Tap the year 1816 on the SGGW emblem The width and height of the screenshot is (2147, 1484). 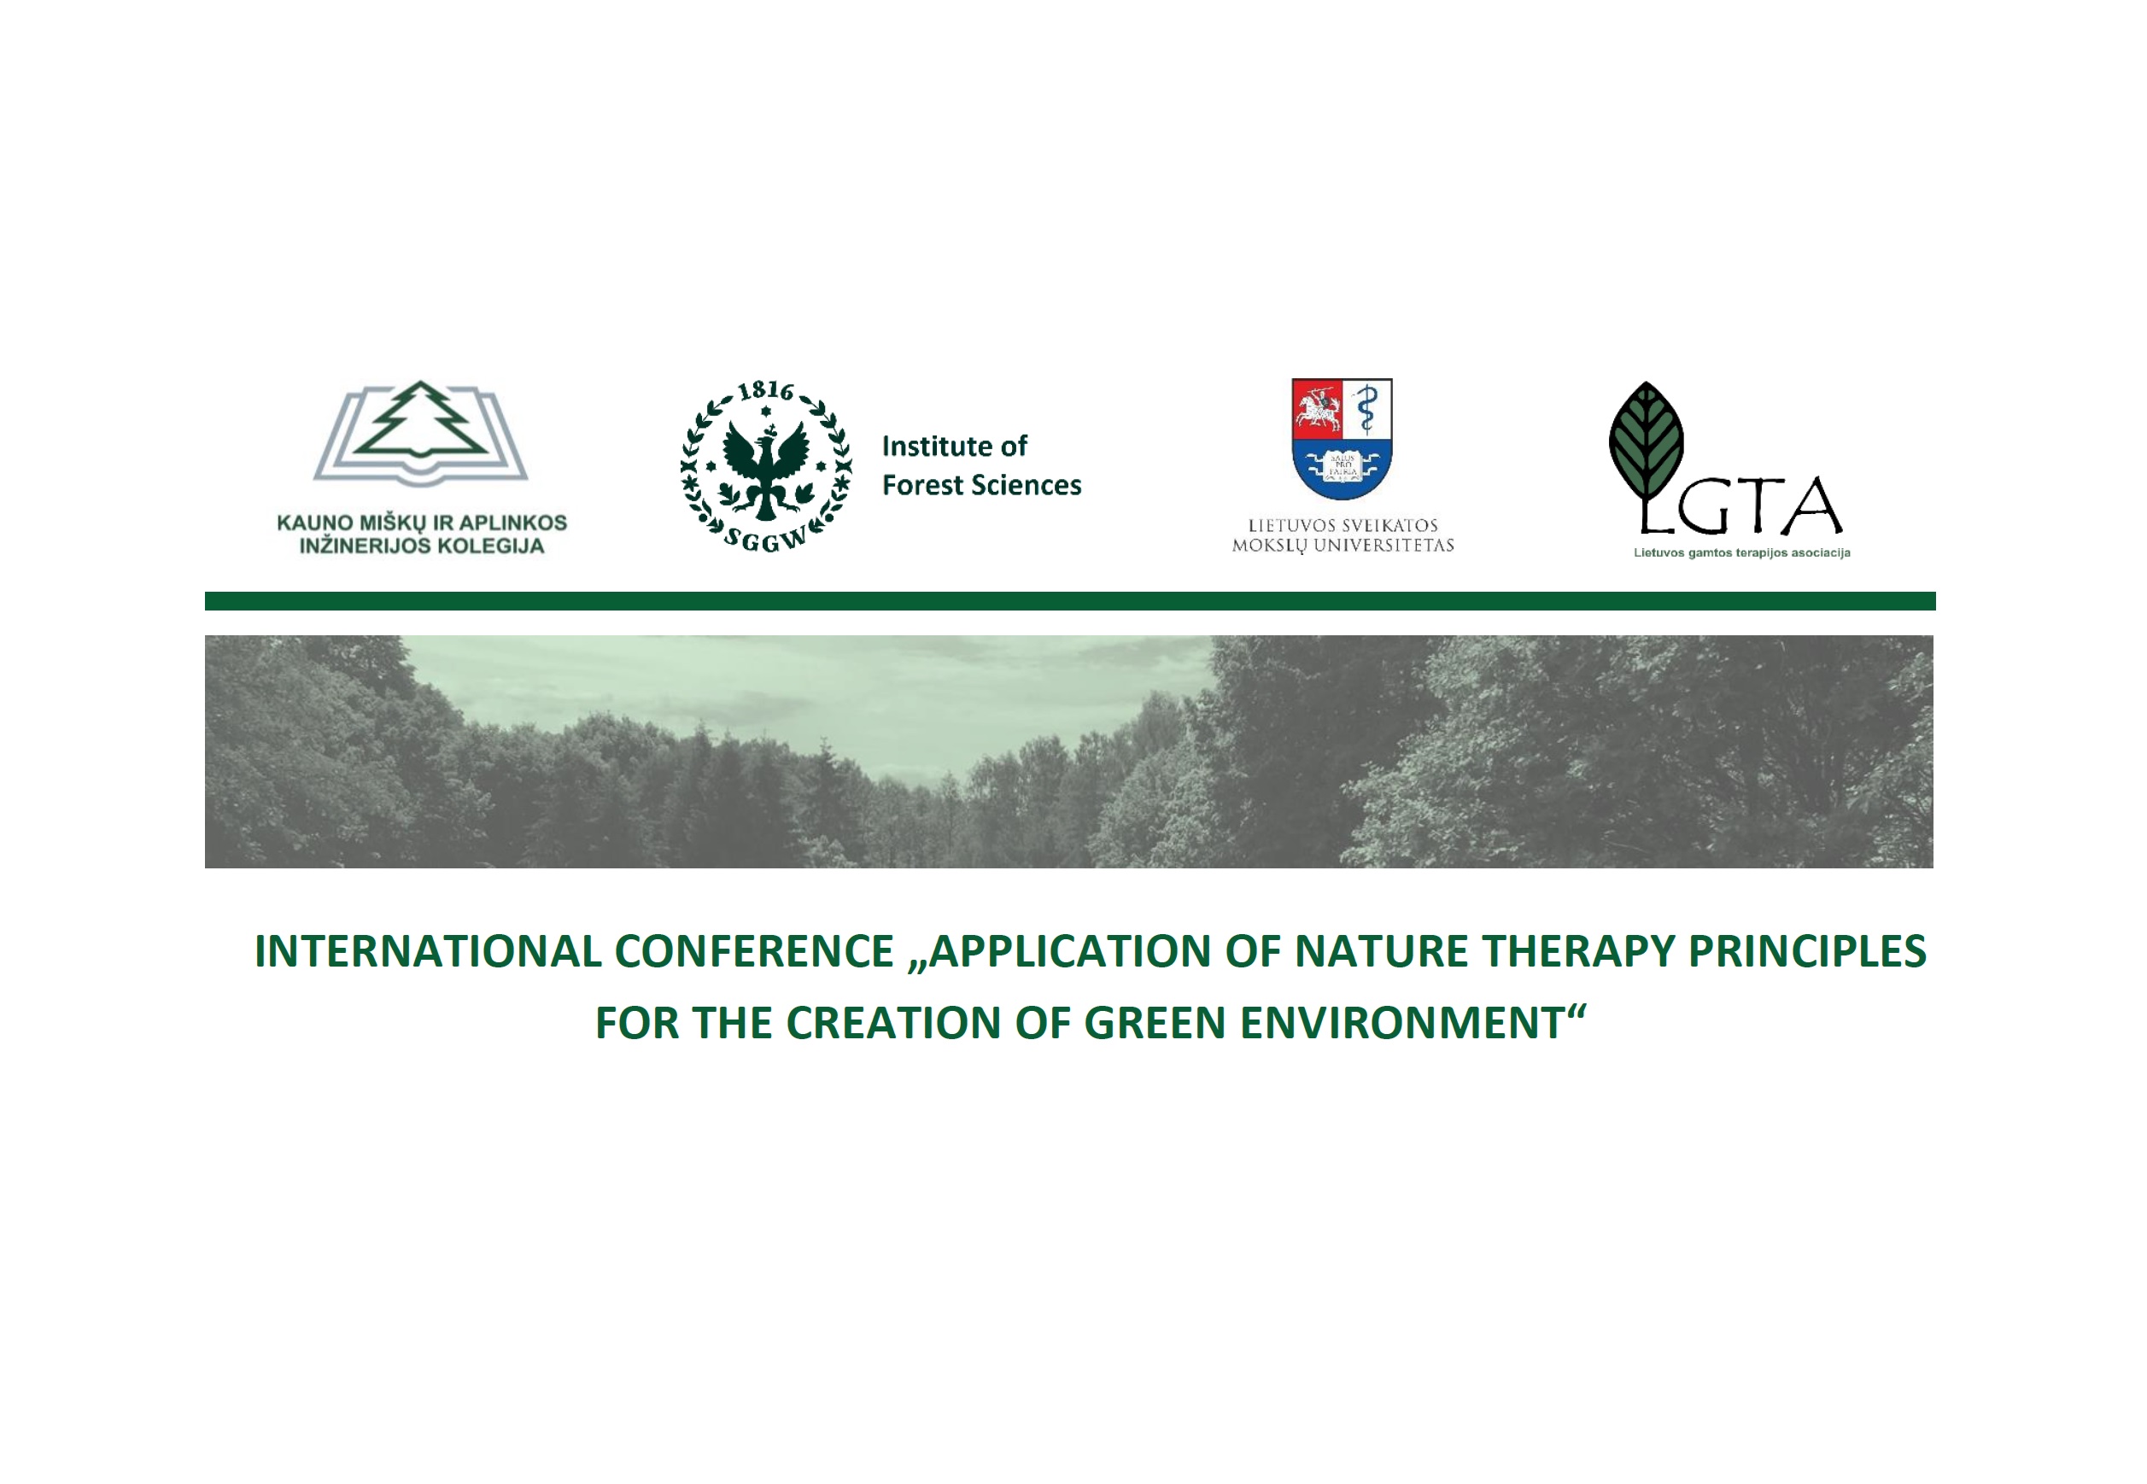coord(765,390)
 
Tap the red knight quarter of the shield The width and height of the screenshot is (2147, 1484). coord(1317,409)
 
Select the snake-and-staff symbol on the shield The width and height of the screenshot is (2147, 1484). coord(1366,409)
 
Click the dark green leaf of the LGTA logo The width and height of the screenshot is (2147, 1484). coord(1646,441)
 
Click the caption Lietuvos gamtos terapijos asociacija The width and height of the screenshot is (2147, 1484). coord(1741,553)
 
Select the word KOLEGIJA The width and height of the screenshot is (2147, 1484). coord(491,546)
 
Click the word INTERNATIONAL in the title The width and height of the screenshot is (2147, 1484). coord(429,951)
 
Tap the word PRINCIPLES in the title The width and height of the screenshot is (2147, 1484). coord(1808,951)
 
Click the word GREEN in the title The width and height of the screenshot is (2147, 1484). coord(1155,1023)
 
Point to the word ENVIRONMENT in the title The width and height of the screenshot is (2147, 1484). coord(1401,1023)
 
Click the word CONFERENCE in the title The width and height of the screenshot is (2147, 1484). coord(754,951)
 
